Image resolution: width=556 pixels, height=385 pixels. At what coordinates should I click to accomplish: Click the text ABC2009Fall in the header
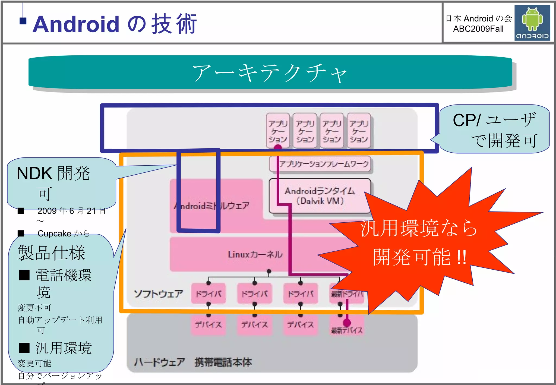coord(478,29)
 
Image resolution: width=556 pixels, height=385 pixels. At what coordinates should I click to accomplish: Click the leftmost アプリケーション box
coord(278,131)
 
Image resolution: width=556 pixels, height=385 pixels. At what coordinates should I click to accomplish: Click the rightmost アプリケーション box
coord(359,131)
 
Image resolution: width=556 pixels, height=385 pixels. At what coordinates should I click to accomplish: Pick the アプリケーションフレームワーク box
coord(320,164)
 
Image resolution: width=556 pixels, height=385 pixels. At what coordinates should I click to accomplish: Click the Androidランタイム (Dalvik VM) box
coord(320,196)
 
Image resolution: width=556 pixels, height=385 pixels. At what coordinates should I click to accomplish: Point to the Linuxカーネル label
coord(255,254)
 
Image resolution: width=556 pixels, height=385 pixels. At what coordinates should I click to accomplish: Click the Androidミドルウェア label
coord(212,206)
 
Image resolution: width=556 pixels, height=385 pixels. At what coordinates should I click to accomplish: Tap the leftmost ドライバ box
coord(208,294)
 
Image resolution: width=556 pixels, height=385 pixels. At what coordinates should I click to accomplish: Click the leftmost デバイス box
coord(208,324)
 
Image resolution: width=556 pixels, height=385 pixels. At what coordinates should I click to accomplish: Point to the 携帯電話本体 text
coord(223,362)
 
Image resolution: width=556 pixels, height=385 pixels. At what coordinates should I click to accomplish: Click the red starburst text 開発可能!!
coord(419,257)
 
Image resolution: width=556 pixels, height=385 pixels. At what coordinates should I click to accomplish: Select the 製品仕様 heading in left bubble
coord(52,253)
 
